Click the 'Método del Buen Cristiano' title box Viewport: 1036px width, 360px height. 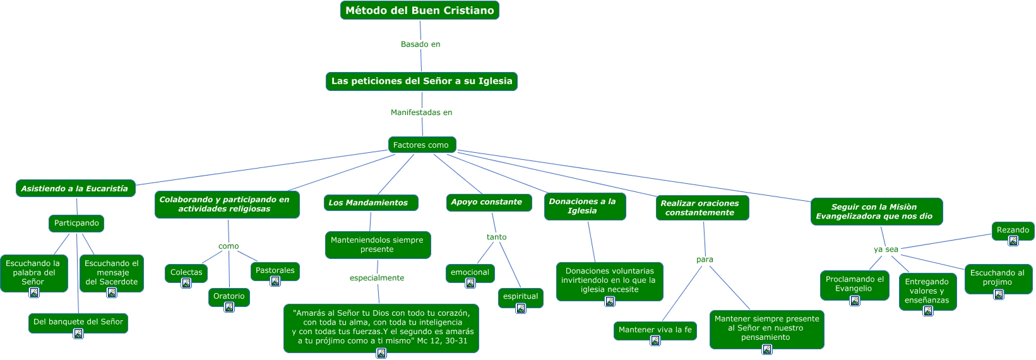419,10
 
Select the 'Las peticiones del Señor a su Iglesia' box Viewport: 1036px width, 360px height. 421,81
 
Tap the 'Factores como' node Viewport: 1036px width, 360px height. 422,145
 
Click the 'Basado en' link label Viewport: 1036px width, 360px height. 420,44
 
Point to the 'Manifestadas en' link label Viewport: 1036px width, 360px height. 421,112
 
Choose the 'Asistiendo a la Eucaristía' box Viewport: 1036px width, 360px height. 75,188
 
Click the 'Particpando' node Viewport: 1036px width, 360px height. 76,223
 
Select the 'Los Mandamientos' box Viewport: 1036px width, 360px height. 371,203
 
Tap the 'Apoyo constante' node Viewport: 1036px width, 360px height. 489,202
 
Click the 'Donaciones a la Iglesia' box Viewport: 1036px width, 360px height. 585,207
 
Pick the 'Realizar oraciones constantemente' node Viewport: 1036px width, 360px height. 702,208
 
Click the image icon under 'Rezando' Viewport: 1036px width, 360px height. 1013,241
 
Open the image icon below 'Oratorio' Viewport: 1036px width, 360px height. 229,307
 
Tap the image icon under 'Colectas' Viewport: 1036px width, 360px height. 186,283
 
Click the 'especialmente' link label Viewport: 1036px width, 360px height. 377,278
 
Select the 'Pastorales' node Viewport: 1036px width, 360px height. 275,271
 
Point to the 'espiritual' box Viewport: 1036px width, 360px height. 520,297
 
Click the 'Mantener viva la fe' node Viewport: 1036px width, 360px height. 655,330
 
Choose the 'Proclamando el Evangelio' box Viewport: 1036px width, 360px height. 855,285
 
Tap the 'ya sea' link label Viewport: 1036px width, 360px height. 886,249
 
